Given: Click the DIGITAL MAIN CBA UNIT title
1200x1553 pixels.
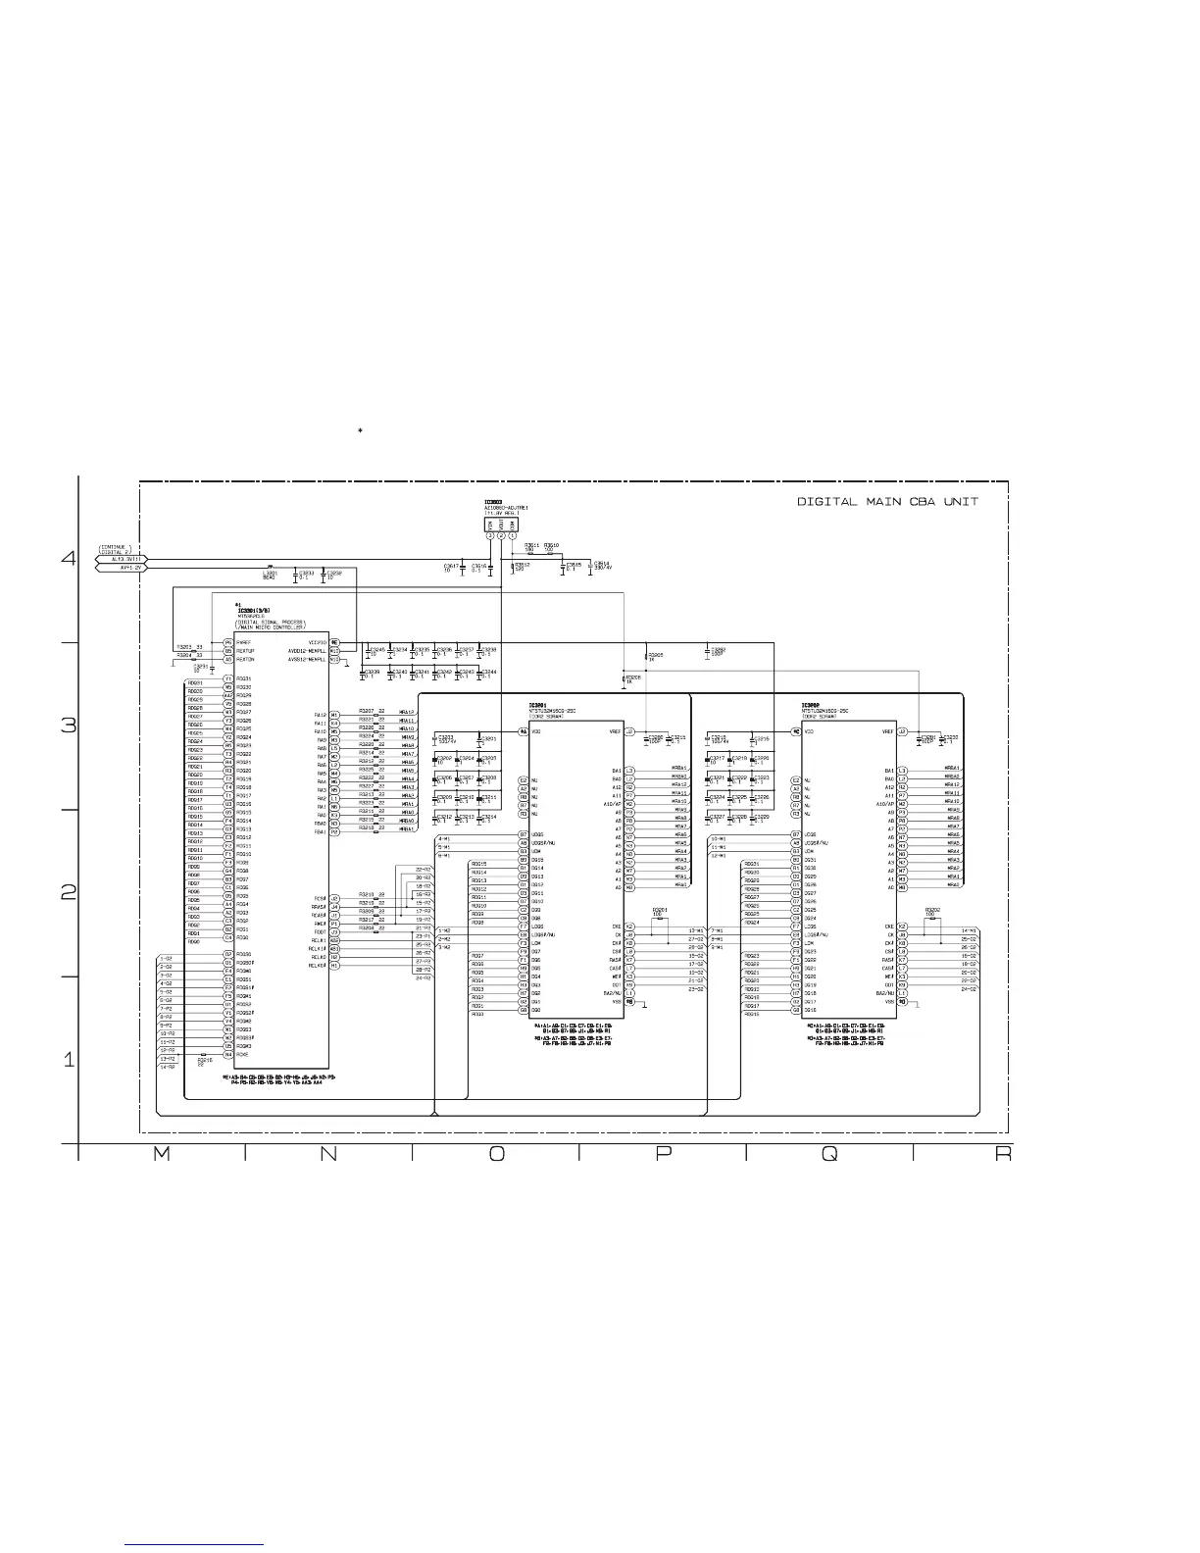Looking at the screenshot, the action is point(886,501).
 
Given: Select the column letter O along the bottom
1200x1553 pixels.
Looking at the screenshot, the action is point(497,1155).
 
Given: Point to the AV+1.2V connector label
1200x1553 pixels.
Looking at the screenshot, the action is point(130,568).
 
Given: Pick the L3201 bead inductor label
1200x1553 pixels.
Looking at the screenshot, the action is point(271,575).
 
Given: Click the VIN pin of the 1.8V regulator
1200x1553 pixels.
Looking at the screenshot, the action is point(490,536).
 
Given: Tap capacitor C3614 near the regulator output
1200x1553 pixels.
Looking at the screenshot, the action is point(601,566).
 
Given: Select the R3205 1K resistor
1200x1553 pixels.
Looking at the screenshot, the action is point(655,656).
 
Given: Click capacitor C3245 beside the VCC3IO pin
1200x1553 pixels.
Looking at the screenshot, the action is point(376,650).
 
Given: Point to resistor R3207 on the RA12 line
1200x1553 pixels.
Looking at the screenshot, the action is point(368,710).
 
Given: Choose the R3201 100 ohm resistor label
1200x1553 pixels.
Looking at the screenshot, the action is point(660,912).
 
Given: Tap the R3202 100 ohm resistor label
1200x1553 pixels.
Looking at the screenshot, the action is point(932,912).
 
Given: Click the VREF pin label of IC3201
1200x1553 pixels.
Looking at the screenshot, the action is point(615,731).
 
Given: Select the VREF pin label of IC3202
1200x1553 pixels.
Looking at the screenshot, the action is point(887,731).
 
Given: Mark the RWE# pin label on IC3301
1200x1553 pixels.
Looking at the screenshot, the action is point(319,924).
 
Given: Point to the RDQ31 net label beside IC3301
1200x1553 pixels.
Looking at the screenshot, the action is point(195,682).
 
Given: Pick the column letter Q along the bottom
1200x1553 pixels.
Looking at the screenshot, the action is point(829,1155).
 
